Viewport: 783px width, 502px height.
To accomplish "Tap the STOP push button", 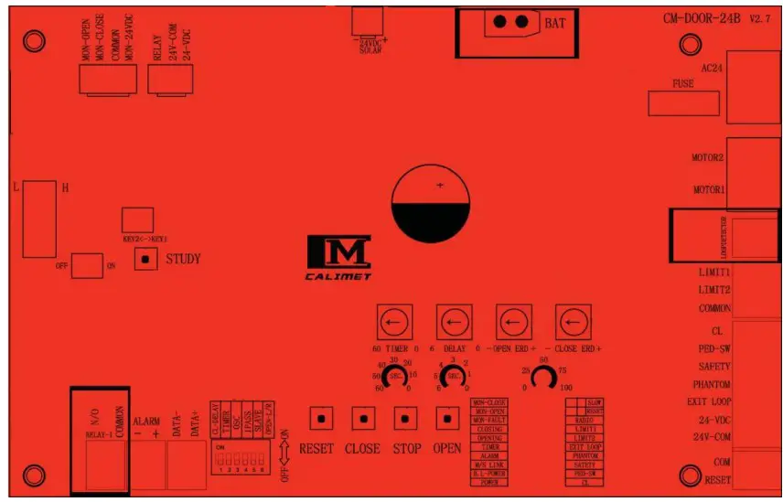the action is click(x=406, y=419).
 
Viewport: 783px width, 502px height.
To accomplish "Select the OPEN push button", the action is click(x=447, y=419).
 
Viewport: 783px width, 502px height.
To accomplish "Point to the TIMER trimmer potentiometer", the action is click(x=393, y=323).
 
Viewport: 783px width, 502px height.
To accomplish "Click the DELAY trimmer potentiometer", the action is click(x=453, y=323).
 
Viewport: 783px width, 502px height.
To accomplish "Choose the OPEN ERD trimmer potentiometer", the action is click(x=513, y=323).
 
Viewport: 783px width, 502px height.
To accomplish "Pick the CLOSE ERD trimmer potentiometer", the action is click(x=573, y=323).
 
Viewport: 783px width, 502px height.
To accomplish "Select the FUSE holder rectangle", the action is click(x=683, y=103).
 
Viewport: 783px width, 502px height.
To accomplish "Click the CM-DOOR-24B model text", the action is click(x=703, y=18).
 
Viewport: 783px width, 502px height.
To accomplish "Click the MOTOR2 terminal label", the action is click(x=708, y=157).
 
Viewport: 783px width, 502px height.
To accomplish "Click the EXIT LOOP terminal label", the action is click(x=709, y=401).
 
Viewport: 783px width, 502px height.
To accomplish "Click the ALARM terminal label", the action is click(x=146, y=422).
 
